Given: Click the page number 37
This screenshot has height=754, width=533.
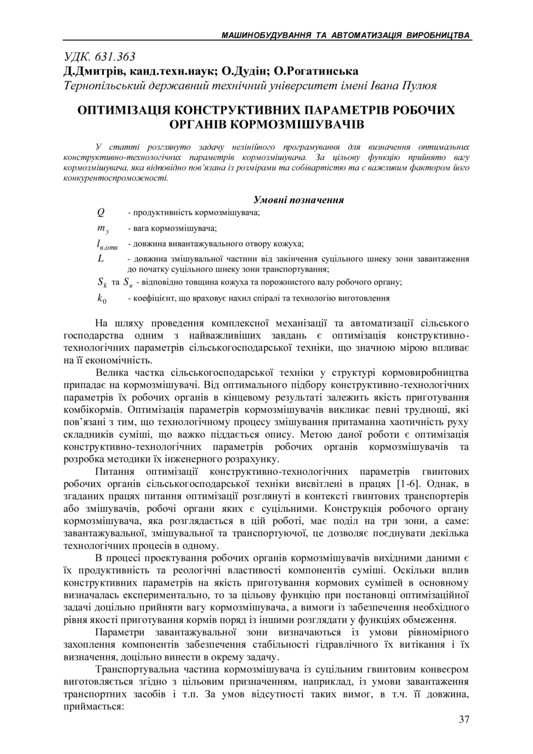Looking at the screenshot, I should tap(464, 720).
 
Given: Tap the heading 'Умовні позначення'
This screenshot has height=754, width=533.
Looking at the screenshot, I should tap(298, 199).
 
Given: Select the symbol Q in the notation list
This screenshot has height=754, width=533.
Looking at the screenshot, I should tap(101, 212).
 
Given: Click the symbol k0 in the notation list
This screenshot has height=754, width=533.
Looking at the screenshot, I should tap(101, 299).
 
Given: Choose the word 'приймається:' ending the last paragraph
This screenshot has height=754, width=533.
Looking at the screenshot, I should tap(93, 707).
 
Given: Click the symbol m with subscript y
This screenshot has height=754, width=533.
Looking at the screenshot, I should tap(102, 229).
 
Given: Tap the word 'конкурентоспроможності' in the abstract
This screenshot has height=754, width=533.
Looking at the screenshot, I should tap(115, 178).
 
